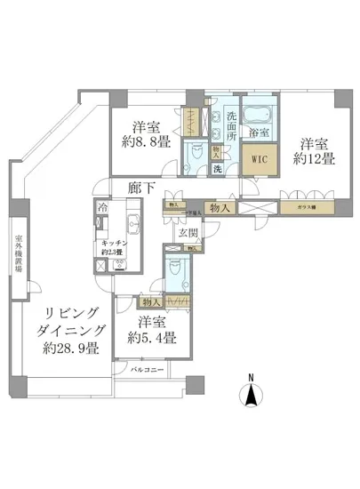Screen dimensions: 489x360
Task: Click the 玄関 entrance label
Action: [x=187, y=234]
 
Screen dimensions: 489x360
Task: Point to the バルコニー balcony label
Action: [x=145, y=367]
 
